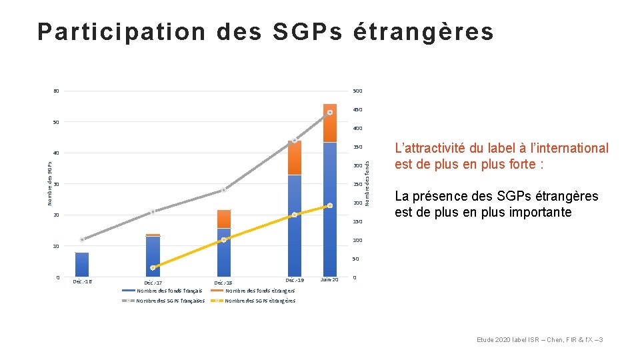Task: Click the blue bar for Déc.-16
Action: tap(82, 264)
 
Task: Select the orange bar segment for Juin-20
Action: tap(329, 123)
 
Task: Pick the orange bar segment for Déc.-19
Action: tap(295, 158)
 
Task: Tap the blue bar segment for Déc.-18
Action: tap(224, 252)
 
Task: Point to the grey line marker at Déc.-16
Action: tap(82, 239)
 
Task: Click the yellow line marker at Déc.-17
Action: tap(153, 267)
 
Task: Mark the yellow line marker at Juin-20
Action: tap(329, 206)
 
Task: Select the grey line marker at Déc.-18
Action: tap(224, 190)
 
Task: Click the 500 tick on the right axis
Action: tap(357, 91)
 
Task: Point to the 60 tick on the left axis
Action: tap(56, 91)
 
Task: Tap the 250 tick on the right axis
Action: tap(357, 185)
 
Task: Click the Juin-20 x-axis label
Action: tap(329, 280)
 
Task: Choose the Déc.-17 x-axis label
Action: tap(153, 283)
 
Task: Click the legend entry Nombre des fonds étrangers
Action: tap(259, 291)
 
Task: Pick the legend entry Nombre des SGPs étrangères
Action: tap(259, 301)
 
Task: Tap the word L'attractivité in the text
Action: tap(431, 148)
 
